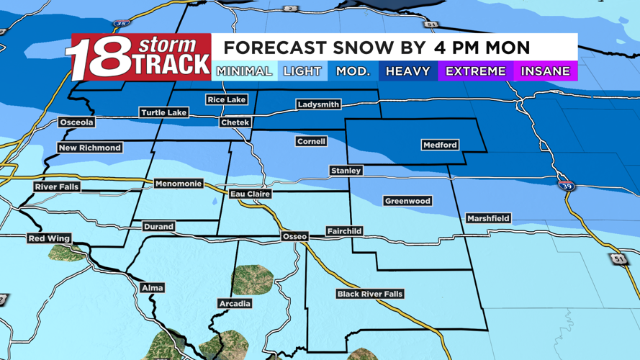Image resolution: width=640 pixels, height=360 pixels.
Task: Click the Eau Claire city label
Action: click(x=251, y=194)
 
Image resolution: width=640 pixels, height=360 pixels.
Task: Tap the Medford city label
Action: click(x=440, y=145)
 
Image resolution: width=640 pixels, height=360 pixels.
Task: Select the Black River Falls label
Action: click(x=370, y=294)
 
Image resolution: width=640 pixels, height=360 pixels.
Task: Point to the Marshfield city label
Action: click(x=488, y=218)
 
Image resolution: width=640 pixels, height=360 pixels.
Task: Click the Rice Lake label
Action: click(x=226, y=99)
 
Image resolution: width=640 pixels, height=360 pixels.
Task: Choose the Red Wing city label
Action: click(x=49, y=238)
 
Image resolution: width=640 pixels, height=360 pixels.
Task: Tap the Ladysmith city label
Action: click(x=318, y=104)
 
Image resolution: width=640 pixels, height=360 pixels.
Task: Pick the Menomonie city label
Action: click(x=179, y=184)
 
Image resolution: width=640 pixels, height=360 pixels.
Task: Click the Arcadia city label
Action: click(x=235, y=304)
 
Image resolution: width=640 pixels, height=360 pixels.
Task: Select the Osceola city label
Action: click(x=76, y=122)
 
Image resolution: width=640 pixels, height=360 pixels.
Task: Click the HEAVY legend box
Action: click(x=407, y=71)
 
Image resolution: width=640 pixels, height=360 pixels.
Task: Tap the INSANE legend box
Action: click(x=545, y=71)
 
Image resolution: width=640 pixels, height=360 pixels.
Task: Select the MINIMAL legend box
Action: click(x=244, y=71)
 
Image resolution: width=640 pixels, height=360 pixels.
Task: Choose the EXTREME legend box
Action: click(x=475, y=71)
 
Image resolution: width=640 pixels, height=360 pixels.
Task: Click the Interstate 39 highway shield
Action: click(x=567, y=185)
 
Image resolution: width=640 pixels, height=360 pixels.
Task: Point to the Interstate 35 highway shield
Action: click(x=121, y=24)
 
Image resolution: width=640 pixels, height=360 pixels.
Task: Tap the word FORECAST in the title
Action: click(x=274, y=48)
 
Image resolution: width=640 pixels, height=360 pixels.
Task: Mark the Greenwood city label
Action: click(x=407, y=201)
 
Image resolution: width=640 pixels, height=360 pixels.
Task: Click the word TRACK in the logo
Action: click(x=173, y=63)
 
